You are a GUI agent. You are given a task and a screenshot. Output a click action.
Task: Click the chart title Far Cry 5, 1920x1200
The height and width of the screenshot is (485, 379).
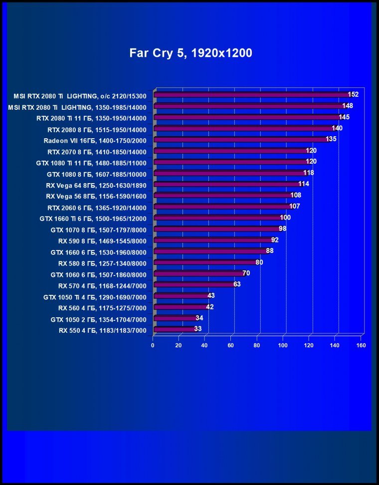coord(190,53)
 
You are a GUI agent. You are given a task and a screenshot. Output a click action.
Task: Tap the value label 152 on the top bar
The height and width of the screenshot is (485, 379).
coord(353,94)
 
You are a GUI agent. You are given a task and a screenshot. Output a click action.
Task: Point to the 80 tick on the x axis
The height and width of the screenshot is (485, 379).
coord(257,345)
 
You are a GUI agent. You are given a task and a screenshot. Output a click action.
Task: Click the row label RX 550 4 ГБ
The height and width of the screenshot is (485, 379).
coord(102,330)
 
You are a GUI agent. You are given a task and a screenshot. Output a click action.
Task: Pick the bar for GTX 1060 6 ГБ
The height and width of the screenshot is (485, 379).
coord(197,273)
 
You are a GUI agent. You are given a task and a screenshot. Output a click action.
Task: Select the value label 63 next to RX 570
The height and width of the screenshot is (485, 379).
coord(237,284)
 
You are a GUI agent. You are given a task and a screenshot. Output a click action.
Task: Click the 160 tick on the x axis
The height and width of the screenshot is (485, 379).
coord(361,345)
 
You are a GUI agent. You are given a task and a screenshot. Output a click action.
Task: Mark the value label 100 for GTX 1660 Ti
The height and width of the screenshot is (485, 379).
coord(285,218)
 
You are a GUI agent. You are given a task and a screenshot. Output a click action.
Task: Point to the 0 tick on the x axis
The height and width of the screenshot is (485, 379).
coord(153,345)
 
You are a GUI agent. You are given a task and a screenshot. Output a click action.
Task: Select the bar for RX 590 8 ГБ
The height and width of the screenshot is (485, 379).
coord(212,241)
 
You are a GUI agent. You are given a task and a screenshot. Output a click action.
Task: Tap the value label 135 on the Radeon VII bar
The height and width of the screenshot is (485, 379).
coord(331,139)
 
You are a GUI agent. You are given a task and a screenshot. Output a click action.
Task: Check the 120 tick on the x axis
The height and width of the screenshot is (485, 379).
coord(309,345)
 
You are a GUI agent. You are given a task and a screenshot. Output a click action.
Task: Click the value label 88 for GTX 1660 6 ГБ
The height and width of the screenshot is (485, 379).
coord(269,250)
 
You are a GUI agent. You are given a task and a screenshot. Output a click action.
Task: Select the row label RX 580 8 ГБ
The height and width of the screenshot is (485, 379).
coord(102,263)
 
